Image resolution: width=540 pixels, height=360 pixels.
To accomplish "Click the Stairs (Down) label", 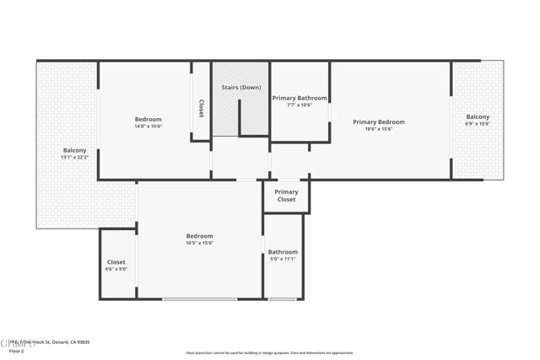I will pos(240,88).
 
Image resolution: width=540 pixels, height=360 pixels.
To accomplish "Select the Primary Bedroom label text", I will pos(378,121).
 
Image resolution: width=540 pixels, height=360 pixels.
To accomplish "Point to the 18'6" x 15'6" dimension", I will pos(378,129).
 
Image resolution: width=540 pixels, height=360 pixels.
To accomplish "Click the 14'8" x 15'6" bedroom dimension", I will pos(148,126).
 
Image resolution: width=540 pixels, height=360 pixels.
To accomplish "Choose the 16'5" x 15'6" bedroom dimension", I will pos(199,243).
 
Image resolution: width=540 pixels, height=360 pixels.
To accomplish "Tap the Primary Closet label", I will pos(286,196).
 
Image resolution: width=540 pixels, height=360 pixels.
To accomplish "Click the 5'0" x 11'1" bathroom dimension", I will pos(283,259).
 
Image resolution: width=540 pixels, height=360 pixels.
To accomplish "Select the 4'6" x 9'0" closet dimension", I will pos(116,269).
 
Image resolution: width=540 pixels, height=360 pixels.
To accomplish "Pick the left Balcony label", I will pos(74,150).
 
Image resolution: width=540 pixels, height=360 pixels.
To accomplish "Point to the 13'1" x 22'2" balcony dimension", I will pos(74,158).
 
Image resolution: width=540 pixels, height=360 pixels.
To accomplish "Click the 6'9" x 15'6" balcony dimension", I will pos(478,124).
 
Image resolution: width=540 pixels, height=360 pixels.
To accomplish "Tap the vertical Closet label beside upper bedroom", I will pos(201,109).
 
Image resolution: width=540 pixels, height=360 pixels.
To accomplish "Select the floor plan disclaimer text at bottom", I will pos(269,352).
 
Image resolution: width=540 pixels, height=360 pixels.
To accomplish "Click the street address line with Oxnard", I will pos(51,342).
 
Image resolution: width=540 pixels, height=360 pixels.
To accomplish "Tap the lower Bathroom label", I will pos(283,251).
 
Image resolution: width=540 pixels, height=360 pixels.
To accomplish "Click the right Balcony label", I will pos(478,116).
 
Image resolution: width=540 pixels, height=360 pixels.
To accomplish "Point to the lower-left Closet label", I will pos(116,261).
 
